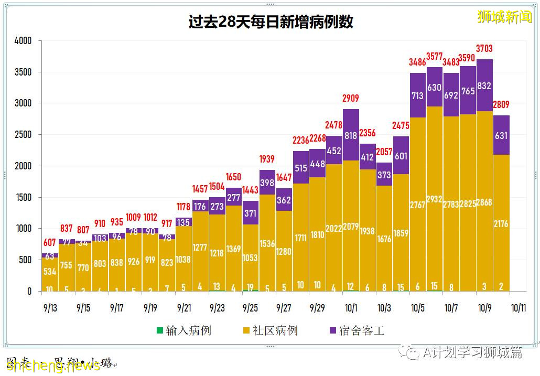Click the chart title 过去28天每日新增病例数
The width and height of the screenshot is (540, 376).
point(271,22)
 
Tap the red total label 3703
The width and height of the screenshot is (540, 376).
point(484,49)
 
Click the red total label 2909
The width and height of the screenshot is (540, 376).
point(351,98)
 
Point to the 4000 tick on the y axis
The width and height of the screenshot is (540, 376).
point(23,40)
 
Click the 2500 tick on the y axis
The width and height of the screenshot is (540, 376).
point(23,134)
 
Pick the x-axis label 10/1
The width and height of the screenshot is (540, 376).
point(351,308)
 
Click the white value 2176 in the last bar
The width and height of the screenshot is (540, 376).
point(501,224)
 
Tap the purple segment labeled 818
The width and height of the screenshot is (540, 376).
point(351,135)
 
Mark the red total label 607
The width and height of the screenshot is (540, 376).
point(49,243)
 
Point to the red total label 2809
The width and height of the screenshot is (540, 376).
point(501,105)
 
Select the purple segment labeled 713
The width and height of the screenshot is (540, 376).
point(417,95)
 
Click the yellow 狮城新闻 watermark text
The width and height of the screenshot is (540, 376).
point(504,17)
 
